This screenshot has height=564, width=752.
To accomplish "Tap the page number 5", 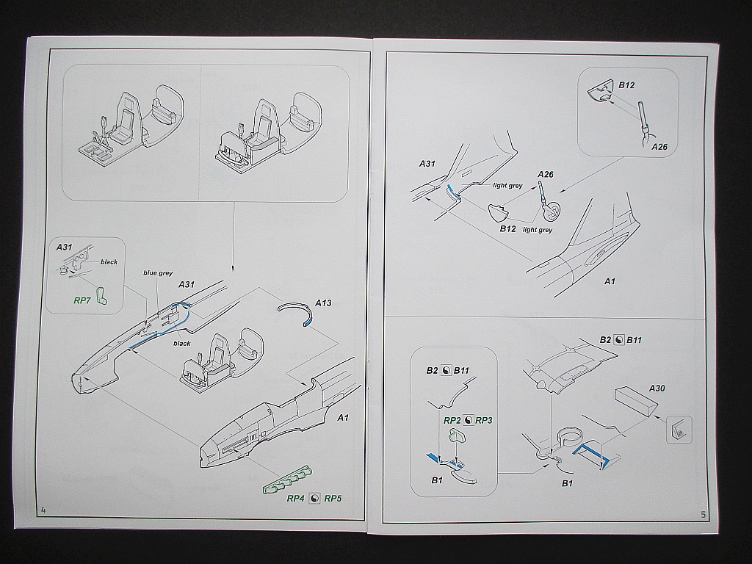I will (703, 514).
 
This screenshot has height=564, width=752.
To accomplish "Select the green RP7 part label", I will (83, 300).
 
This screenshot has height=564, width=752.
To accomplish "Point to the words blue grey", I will (158, 272).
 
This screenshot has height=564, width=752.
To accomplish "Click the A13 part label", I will (323, 302).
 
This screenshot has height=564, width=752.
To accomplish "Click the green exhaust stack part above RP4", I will (287, 482).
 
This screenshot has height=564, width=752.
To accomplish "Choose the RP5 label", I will (333, 499).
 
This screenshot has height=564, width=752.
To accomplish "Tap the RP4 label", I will (296, 499).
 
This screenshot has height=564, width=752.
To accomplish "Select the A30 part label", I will (657, 387).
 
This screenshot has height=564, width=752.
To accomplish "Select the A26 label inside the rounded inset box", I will (659, 146).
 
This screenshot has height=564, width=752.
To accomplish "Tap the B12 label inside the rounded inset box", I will (626, 85).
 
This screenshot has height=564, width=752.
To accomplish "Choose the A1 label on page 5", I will (609, 281).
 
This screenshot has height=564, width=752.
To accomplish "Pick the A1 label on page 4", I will (342, 418).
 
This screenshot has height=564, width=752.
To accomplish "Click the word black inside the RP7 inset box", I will (109, 262).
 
